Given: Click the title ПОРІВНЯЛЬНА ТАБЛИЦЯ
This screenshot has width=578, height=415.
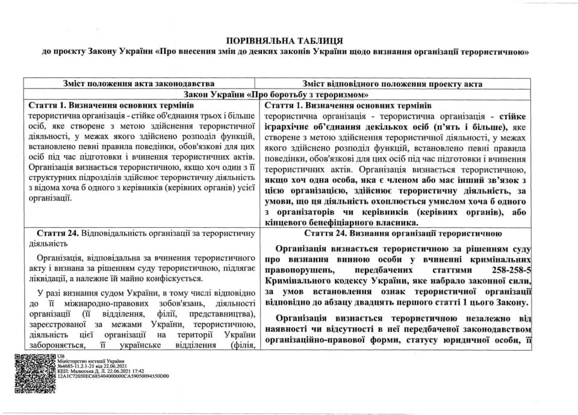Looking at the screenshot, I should (285, 40).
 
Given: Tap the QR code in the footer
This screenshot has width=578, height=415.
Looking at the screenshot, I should (33, 373).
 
